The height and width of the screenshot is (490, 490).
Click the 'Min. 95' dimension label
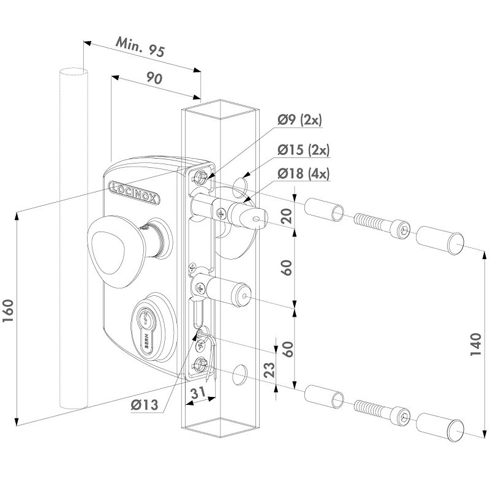point(140,48)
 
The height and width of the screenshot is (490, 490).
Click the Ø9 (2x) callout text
point(299,120)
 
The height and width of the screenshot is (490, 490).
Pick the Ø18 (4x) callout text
point(303,174)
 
